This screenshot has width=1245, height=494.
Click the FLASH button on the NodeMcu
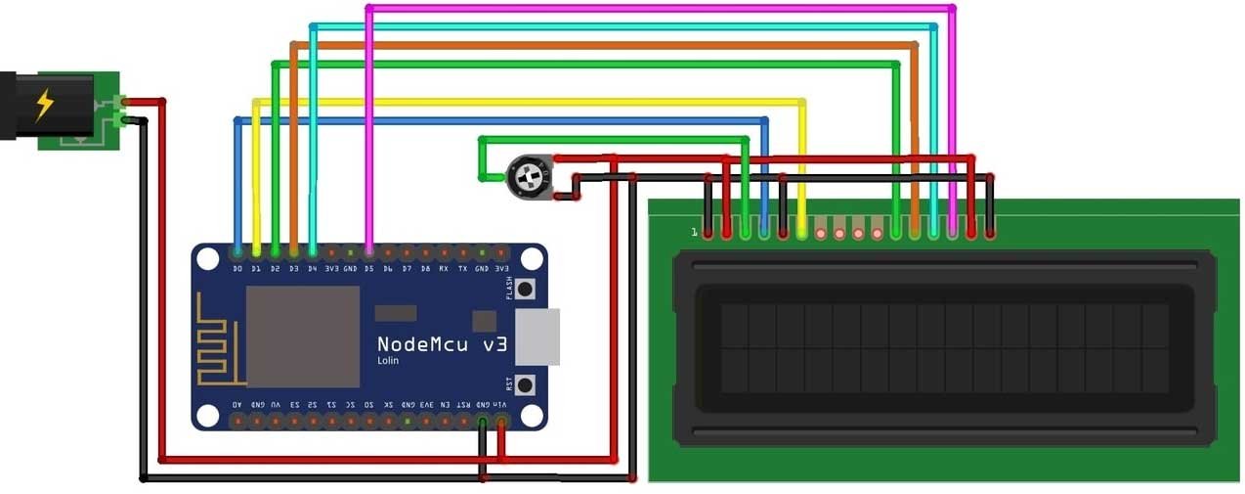pos(525,290)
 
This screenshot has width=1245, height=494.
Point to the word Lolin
pos(388,361)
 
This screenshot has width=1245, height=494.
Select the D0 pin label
pos(237,267)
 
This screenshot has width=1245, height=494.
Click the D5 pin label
pos(368,267)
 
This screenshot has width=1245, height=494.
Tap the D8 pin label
pos(425,267)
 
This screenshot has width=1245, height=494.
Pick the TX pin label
pos(462,267)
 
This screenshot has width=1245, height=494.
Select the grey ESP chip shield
pos(302,336)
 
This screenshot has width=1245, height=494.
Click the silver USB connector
pos(538,337)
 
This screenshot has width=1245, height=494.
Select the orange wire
pos(606,45)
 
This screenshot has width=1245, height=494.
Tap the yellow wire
pos(528,102)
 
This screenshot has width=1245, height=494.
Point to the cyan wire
pos(625,26)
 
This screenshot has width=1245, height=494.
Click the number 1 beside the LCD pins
pos(694,233)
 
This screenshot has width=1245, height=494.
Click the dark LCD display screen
pos(944,347)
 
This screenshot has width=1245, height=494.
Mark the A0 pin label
pos(237,404)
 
